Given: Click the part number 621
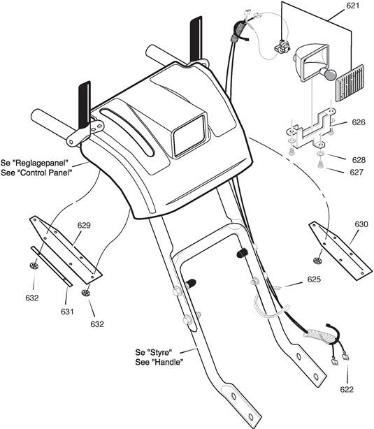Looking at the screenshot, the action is click(352, 6).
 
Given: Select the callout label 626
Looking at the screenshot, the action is click(359, 122).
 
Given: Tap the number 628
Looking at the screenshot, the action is click(359, 159).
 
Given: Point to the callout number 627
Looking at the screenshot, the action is click(357, 172).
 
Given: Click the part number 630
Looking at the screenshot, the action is click(361, 224).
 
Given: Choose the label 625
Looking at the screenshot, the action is click(314, 279).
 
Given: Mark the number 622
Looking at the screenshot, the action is click(347, 389).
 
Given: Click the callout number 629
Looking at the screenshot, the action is click(84, 225).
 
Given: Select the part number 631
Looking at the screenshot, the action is click(67, 312).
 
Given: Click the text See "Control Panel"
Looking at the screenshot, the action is click(36, 173).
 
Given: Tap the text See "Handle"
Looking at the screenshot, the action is click(159, 362).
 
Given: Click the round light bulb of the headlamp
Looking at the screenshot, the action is click(328, 75).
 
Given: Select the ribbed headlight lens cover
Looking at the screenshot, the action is click(350, 83).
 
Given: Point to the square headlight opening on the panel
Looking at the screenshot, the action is click(189, 136).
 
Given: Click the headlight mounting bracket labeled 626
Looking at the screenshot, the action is click(310, 129).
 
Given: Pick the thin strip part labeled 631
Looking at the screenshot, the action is click(51, 266).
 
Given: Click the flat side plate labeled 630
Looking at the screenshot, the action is click(340, 251).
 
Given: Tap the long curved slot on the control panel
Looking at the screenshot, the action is click(128, 132).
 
